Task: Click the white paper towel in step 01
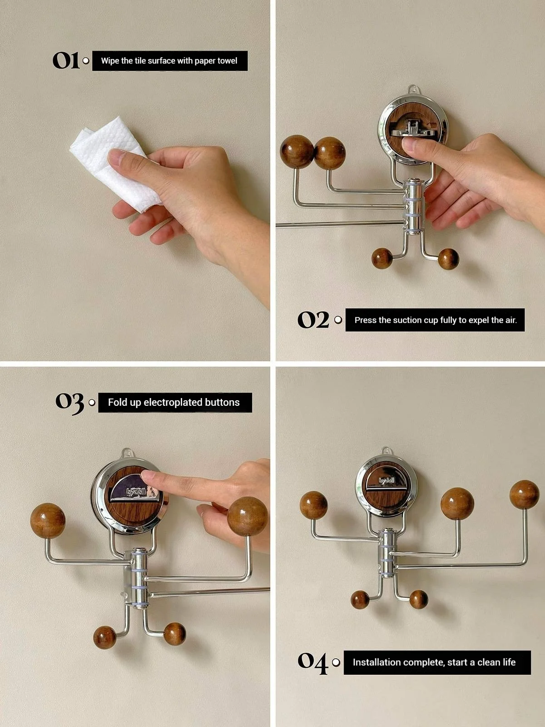[113, 162]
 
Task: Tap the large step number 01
[66, 60]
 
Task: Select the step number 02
[313, 319]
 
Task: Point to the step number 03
[70, 403]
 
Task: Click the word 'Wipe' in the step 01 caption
[108, 61]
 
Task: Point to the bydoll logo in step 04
[386, 481]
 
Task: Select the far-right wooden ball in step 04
[525, 494]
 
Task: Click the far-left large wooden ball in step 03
[48, 520]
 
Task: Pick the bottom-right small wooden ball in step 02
[448, 259]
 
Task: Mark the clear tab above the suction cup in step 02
[411, 90]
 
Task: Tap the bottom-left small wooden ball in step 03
[104, 637]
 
